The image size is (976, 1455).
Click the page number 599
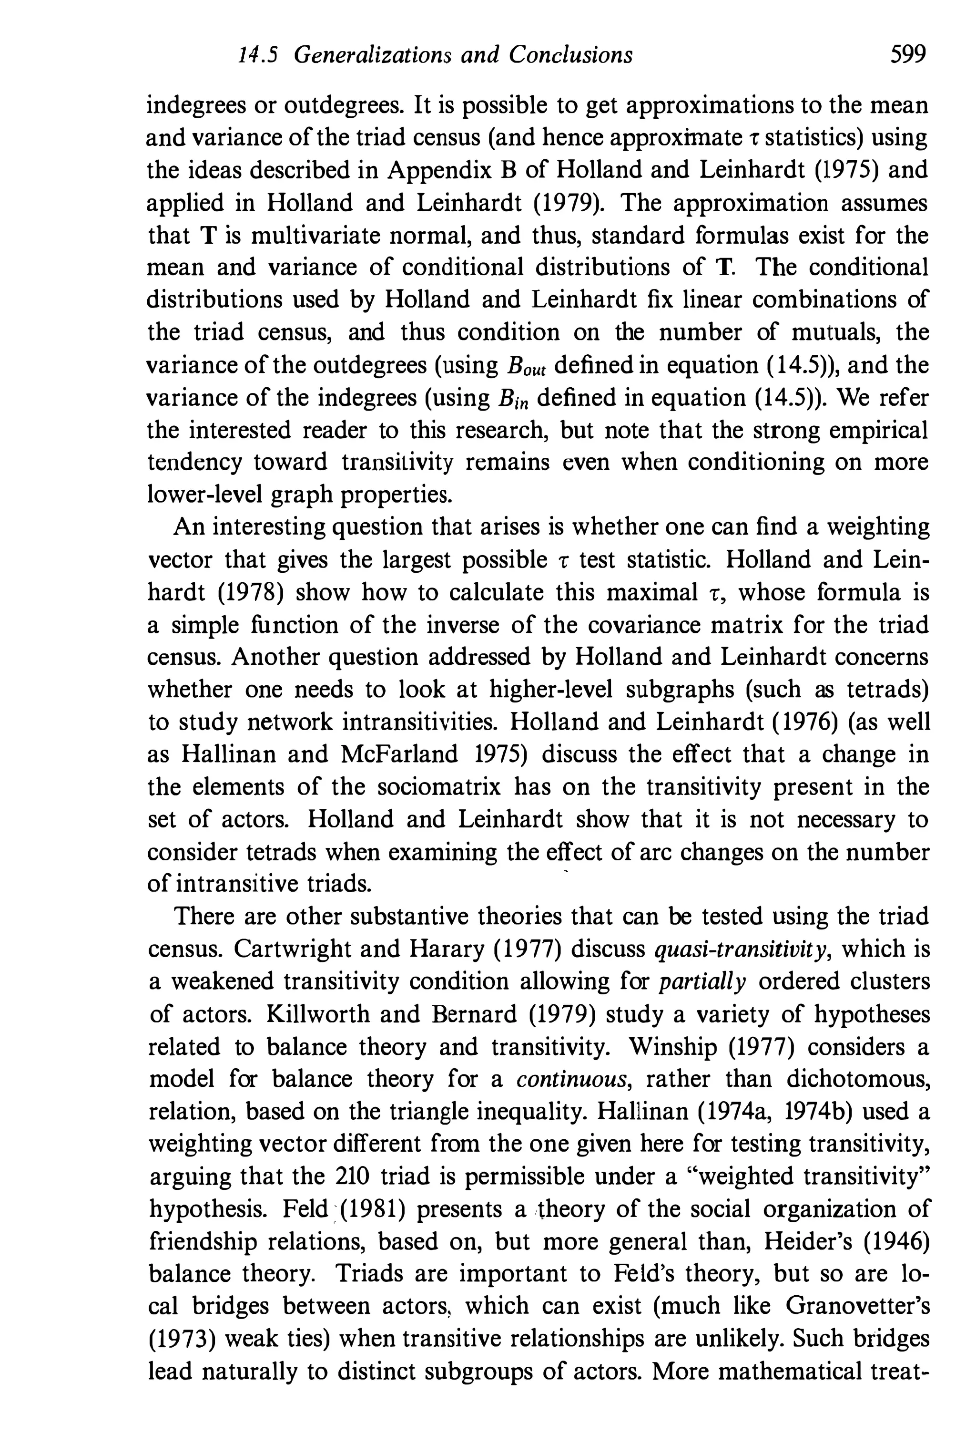pos(908,55)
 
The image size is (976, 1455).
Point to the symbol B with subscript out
pos(525,366)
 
